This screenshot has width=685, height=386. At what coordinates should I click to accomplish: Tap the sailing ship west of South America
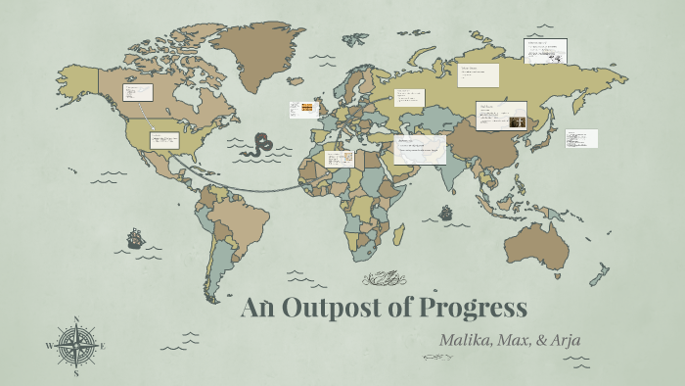point(135,237)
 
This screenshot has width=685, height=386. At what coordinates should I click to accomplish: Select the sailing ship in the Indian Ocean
point(446,212)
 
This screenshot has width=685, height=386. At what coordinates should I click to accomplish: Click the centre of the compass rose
point(76,345)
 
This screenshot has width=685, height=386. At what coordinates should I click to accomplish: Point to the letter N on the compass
point(76,319)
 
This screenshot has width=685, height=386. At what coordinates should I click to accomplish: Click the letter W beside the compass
point(50,346)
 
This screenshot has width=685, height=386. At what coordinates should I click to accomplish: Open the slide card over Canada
point(137,93)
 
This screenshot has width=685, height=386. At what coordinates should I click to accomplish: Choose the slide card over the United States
point(164,140)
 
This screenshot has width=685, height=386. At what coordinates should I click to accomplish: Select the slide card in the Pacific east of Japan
point(580,138)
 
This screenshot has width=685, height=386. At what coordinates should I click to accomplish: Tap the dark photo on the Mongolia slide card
point(516,122)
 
